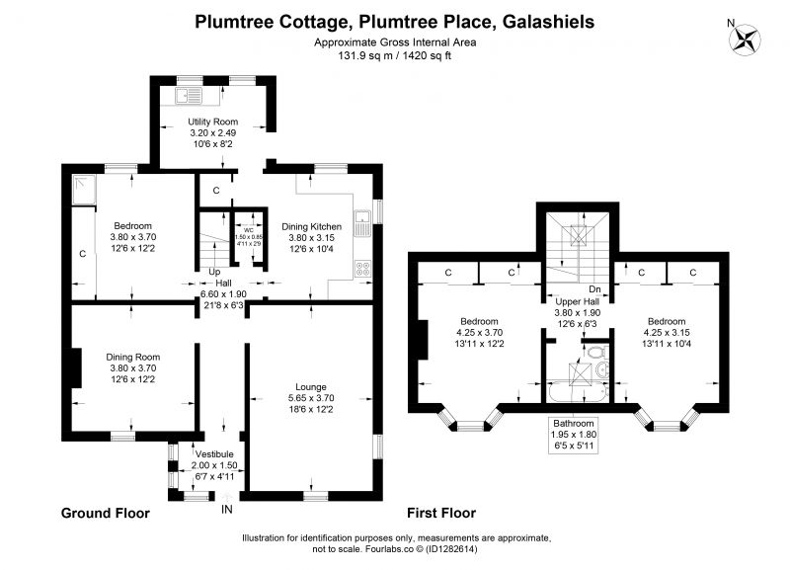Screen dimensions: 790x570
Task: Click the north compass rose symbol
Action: point(746,40)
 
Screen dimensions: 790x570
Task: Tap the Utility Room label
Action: point(212,122)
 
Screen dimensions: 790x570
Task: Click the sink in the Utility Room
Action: point(189,95)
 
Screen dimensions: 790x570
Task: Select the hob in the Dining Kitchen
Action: point(362,269)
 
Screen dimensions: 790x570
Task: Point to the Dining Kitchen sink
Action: point(362,224)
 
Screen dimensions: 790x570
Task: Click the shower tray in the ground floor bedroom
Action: point(84,190)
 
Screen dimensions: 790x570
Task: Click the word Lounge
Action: point(311,387)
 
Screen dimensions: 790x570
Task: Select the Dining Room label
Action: point(133,357)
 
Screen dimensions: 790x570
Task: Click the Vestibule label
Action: point(214,454)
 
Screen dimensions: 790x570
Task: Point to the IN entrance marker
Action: point(227,510)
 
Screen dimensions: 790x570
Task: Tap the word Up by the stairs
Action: point(214,272)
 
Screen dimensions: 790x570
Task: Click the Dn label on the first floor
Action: point(595,289)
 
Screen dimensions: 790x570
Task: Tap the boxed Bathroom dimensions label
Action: point(574,435)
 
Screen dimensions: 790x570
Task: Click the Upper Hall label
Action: point(578,301)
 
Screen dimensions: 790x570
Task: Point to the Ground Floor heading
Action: point(106,513)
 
